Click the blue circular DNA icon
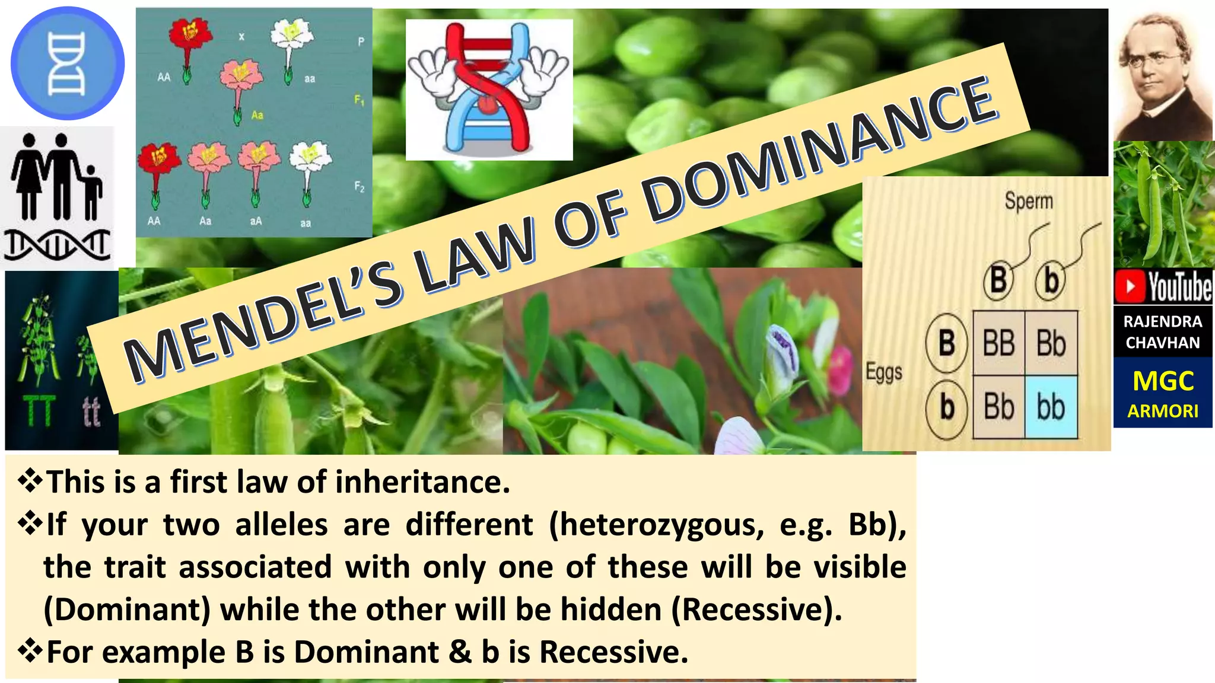[67, 63]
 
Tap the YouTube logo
[1163, 286]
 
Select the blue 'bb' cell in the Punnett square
[1051, 407]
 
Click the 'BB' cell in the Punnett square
[998, 343]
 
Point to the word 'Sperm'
[1029, 202]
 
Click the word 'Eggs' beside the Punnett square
[883, 373]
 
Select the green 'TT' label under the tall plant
[39, 411]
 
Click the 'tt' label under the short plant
[91, 411]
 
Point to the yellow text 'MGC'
[1163, 381]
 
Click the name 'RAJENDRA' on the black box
[1163, 322]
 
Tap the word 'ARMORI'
[1163, 411]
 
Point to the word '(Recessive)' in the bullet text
[756, 609]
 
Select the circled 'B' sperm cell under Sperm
[998, 280]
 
